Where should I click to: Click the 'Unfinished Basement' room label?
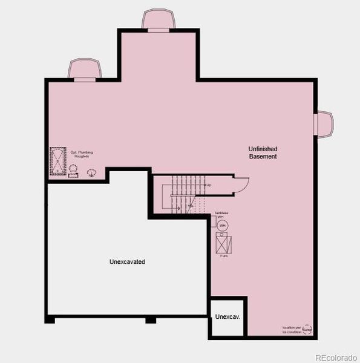pos(263,152)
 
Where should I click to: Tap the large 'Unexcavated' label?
pos(127,262)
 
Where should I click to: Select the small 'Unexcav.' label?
pos(227,317)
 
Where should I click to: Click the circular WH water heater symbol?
pos(222,225)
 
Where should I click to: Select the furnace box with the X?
pos(223,242)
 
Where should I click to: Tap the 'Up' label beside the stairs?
pos(209,185)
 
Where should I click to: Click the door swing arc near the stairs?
pos(242,183)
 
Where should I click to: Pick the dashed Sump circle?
pos(307,330)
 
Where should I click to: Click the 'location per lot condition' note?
pos(291,330)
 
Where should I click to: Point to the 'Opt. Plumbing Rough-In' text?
pos(82,154)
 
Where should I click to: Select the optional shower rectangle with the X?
pos(57,160)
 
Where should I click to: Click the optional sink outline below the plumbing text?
pos(73,174)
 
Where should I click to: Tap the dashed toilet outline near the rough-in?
pos(91,172)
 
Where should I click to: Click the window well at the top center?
pos(159,19)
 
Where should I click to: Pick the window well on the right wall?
pos(324,124)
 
